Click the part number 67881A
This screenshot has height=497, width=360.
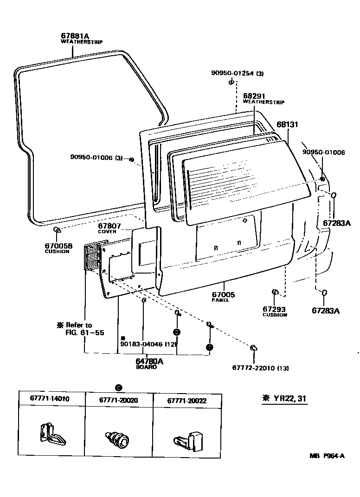coord(74,36)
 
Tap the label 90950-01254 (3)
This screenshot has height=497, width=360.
coord(237,73)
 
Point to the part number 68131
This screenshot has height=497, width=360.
coord(287,125)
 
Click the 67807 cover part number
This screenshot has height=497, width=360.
coord(109,226)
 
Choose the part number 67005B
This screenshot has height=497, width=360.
coord(59,246)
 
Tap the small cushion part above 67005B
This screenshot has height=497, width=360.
coord(57,230)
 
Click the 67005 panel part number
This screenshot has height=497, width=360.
coord(224,294)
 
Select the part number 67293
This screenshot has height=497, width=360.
coord(274,309)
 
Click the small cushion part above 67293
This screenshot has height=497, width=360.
coord(275,292)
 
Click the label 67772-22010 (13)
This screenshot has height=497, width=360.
coord(260,368)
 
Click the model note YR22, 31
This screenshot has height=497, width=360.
coord(284,399)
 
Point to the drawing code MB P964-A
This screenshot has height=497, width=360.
coord(327,456)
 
